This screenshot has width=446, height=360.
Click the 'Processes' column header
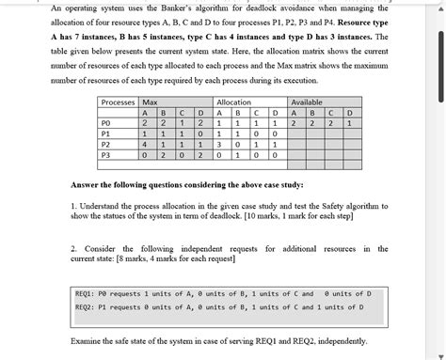coord(118,102)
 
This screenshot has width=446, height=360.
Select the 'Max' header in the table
coord(150,102)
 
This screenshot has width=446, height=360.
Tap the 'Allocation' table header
coord(233,102)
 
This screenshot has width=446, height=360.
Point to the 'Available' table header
coord(307,102)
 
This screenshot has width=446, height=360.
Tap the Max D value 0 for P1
coord(200,134)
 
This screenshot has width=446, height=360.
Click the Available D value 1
coord(350,123)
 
